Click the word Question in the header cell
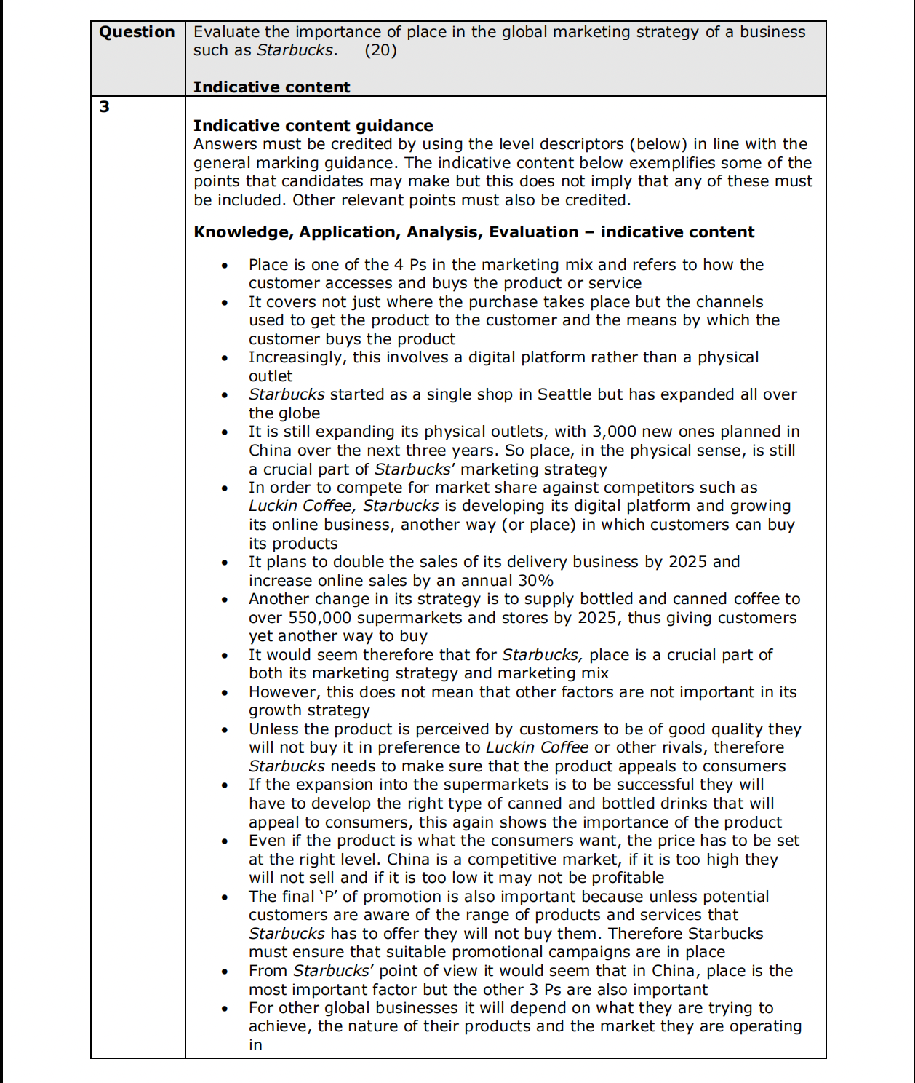pos(137,32)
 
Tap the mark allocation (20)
pos(380,50)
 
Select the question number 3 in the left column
pos(105,107)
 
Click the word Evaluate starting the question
pos(226,32)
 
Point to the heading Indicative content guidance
pos(313,126)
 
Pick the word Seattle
pos(564,394)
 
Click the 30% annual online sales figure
pos(535,581)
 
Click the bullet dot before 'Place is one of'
pos(225,266)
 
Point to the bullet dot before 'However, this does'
pos(225,693)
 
